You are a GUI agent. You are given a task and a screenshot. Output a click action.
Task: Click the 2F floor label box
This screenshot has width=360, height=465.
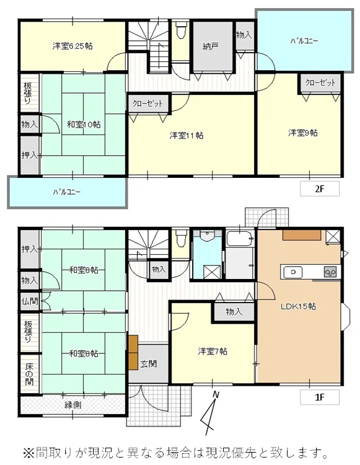[x=319, y=188]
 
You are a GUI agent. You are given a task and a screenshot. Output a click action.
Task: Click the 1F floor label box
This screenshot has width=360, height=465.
[x=319, y=397]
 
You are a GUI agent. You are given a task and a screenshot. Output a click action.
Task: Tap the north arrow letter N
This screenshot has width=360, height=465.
[x=216, y=395]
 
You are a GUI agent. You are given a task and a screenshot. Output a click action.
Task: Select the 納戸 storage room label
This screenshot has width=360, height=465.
[x=211, y=46]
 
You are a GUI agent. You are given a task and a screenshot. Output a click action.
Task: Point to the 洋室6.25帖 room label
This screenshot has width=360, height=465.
[x=72, y=46]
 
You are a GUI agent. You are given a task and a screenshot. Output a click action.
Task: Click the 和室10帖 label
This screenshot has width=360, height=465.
[x=84, y=124]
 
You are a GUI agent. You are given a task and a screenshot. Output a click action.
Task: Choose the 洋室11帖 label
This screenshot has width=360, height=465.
[x=187, y=136]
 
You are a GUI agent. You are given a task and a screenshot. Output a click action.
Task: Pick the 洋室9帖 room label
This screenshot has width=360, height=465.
[x=303, y=133]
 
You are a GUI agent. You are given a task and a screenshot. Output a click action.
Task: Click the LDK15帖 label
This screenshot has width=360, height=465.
[x=298, y=306]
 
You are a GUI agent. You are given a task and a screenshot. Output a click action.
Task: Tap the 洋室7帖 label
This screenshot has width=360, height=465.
[x=213, y=352]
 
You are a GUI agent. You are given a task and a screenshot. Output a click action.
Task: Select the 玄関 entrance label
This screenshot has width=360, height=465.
[x=148, y=364]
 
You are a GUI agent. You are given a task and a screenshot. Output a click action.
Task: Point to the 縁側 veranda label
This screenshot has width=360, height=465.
[x=73, y=404]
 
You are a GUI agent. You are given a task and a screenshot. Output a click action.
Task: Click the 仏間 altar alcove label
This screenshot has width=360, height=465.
[x=30, y=301]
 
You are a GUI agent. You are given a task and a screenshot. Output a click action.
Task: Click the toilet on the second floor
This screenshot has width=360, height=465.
[x=180, y=29]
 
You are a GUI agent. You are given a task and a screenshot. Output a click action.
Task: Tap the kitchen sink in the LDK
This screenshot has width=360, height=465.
[x=292, y=272]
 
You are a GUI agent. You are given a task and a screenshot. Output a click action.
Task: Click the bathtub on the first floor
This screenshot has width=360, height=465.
[x=240, y=239]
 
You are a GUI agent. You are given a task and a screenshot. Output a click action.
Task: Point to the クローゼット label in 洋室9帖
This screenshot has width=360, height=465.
[x=320, y=82]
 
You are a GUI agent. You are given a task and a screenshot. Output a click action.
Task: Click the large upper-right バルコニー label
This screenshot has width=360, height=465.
[x=304, y=41]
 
